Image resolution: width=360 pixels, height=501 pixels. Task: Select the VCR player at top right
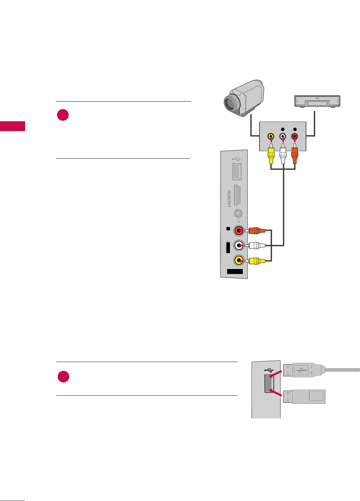317,102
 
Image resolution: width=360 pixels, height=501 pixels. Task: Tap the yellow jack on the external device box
271,137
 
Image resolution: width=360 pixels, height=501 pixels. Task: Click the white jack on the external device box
283,137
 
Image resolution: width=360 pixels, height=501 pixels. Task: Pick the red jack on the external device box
294,137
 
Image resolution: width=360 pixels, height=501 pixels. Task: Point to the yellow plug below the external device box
271,155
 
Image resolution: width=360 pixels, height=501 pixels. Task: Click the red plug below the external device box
294,155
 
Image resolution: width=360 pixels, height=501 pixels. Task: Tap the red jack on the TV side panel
239,231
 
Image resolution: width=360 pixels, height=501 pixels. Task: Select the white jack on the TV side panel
239,246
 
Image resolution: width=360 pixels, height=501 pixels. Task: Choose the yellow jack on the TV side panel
239,261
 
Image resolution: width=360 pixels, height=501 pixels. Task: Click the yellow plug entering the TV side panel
256,261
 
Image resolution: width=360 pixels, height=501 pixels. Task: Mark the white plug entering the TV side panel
256,246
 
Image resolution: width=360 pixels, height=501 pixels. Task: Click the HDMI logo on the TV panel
229,199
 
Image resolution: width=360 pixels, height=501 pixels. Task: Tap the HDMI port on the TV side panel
238,195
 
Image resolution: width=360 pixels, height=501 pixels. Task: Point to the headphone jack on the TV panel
238,214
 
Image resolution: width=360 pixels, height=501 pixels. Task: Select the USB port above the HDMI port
237,171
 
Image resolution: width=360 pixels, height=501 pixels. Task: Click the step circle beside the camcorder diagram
63,115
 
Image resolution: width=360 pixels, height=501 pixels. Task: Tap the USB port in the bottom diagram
269,383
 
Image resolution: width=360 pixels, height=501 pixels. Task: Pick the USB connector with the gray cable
302,370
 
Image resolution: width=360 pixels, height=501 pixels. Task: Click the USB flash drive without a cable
304,397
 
